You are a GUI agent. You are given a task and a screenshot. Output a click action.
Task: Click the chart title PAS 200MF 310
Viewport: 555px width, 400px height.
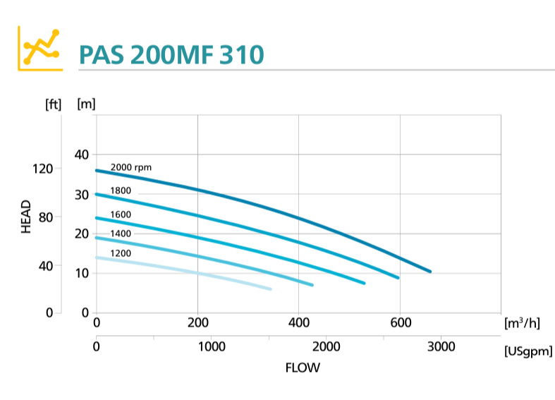(171, 54)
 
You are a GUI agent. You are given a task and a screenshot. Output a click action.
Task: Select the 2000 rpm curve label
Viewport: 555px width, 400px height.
(131, 167)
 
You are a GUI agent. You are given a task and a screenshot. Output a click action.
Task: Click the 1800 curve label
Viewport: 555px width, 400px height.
(120, 190)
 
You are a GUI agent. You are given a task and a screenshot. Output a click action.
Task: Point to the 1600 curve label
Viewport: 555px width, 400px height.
(120, 214)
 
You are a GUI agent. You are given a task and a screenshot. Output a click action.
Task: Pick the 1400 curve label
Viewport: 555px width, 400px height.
(120, 234)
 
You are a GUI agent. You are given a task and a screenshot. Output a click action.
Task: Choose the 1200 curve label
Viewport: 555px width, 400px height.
(120, 253)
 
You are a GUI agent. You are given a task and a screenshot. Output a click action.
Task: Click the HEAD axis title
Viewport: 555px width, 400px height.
(26, 217)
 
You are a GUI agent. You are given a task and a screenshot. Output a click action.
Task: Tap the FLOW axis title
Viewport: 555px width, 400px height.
(302, 368)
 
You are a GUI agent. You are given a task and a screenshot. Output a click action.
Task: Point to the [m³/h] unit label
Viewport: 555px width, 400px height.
(523, 323)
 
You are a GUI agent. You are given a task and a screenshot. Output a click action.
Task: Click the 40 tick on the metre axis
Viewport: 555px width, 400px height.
(82, 154)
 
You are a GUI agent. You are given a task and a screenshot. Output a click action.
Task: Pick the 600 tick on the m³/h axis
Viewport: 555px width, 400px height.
(400, 323)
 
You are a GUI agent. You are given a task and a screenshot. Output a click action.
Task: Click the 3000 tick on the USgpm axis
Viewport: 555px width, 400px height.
(439, 346)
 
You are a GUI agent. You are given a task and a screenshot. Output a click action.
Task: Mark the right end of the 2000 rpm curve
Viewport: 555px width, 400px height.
(429, 272)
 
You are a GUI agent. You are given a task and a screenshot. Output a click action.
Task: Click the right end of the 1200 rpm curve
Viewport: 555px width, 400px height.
(270, 289)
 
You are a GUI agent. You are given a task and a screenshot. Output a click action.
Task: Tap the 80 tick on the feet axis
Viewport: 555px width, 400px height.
(45, 217)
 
